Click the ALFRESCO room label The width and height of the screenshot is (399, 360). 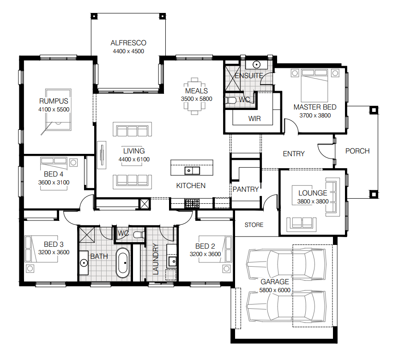128,43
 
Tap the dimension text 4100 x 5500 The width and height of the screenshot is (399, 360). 54,110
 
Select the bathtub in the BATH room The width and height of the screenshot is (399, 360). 123,263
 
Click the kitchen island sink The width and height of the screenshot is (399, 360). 192,171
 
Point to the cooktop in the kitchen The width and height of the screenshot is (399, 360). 192,203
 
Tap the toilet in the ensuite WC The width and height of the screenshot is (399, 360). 231,100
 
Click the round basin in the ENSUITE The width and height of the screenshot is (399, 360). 256,64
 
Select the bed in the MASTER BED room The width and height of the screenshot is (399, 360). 314,85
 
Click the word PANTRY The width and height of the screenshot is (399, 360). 246,189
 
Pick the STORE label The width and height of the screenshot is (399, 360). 254,225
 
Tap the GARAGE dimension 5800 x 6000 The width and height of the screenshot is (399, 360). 275,290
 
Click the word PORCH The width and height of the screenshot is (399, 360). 357,151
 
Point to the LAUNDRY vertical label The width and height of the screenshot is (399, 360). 156,259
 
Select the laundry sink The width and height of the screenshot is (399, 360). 173,262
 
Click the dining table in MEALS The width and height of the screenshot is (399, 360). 194,96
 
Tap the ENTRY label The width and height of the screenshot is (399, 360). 294,154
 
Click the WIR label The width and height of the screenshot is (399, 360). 254,119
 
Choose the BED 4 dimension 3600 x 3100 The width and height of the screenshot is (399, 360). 54,183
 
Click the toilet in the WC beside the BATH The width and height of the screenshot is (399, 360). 139,234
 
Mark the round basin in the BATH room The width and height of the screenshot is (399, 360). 84,263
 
